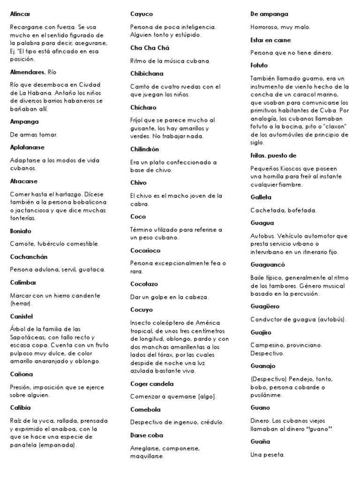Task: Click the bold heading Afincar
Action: [x=20, y=14]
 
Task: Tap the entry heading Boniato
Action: [x=21, y=231]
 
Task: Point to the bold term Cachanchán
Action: [x=29, y=257]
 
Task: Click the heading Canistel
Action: [x=22, y=316]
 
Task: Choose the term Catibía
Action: [x=20, y=408]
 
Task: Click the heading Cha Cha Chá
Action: [x=150, y=48]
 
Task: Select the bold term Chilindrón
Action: [x=144, y=149]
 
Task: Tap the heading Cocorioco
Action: [x=145, y=250]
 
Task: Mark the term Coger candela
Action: [x=152, y=383]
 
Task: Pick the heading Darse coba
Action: [x=145, y=435]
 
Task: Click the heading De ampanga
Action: [x=270, y=14]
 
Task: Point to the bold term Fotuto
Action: [x=259, y=66]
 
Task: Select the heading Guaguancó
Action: [x=268, y=264]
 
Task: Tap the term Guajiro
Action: [x=261, y=332]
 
